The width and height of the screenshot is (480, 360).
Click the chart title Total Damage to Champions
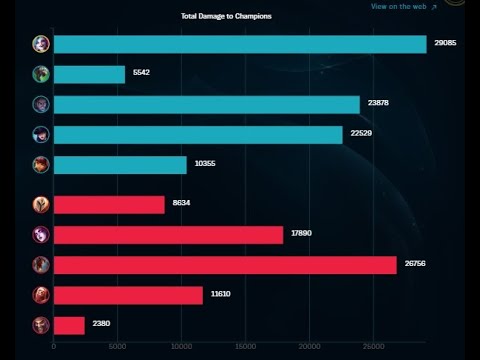tap(226, 17)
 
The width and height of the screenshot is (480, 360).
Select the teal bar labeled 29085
tap(240, 44)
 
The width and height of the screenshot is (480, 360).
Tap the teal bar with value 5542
tap(89, 74)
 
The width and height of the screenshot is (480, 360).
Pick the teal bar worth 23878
tap(206, 105)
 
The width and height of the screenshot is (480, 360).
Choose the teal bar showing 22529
tap(198, 135)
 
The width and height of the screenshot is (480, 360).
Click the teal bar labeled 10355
tap(120, 165)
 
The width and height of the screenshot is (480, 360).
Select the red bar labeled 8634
tap(109, 205)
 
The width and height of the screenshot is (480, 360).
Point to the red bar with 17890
tap(168, 235)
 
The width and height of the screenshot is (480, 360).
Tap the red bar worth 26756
tap(225, 265)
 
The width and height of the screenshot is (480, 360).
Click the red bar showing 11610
tap(128, 295)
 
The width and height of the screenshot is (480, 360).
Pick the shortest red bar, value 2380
tap(69, 325)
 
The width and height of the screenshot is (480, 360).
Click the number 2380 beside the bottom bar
tap(102, 325)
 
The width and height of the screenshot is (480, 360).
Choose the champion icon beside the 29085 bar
tap(40, 44)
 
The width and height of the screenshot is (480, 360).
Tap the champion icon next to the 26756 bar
tap(40, 265)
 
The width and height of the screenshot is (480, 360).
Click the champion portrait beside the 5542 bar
tap(40, 74)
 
